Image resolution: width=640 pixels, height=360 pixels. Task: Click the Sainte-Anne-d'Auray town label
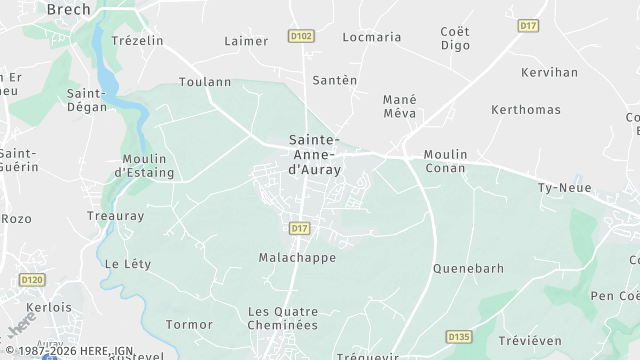(x=315, y=155)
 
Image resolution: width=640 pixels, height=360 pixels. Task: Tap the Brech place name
(x=68, y=9)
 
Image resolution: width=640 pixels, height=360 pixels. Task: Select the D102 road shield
(x=301, y=36)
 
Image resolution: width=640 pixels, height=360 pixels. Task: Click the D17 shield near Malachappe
(x=299, y=228)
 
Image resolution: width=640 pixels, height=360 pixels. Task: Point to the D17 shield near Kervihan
(x=529, y=25)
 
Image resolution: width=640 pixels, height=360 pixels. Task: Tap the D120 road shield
(x=32, y=279)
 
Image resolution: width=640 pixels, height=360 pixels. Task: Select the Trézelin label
(x=137, y=41)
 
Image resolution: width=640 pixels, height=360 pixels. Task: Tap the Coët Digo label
(x=455, y=38)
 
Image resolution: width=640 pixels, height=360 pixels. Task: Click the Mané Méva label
(x=400, y=106)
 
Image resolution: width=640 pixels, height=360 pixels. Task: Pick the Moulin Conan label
(x=445, y=160)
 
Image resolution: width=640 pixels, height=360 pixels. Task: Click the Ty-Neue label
(x=560, y=188)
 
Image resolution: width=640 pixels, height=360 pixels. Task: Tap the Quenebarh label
(x=468, y=268)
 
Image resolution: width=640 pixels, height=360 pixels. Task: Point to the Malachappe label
(x=297, y=257)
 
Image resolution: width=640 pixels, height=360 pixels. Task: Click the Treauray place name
(x=116, y=216)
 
